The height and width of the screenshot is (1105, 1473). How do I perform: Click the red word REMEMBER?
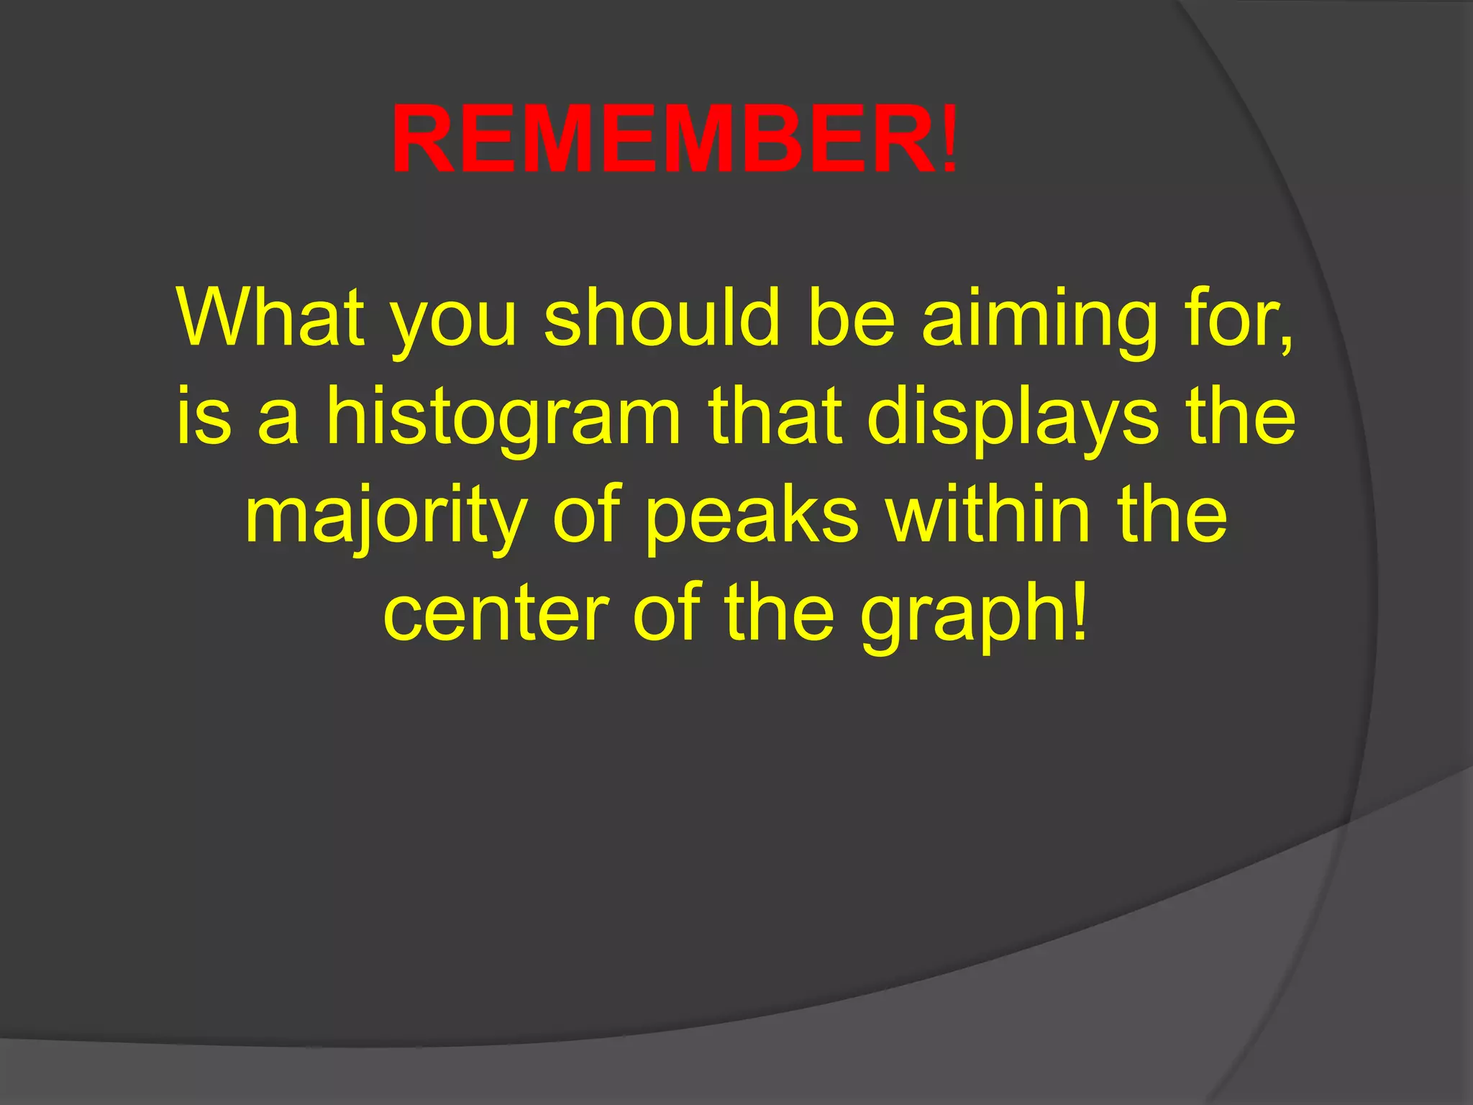click(x=662, y=140)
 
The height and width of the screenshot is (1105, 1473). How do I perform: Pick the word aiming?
click(x=1040, y=324)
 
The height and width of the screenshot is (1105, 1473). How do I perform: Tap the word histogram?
click(x=503, y=421)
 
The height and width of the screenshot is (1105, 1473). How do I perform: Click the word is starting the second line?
click(x=204, y=417)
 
